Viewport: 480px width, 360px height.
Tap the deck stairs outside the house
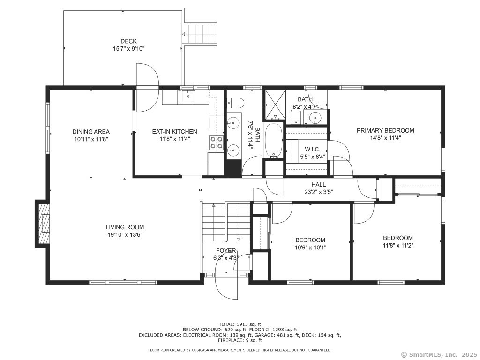202,34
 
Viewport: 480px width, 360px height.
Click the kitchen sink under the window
188,96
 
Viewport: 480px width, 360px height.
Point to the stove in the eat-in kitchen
216,142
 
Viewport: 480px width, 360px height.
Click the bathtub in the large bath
273,140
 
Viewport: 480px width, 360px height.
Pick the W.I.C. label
312,150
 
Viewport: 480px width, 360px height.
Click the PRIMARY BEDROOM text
385,130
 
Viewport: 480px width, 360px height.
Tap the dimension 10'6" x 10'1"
310,247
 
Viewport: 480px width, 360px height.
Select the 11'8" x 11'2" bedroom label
398,245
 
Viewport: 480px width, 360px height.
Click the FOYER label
226,250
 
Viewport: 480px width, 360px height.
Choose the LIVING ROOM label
125,227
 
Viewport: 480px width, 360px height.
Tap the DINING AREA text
91,132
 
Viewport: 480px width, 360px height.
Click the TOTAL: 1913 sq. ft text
240,324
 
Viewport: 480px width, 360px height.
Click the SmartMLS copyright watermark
439,354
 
